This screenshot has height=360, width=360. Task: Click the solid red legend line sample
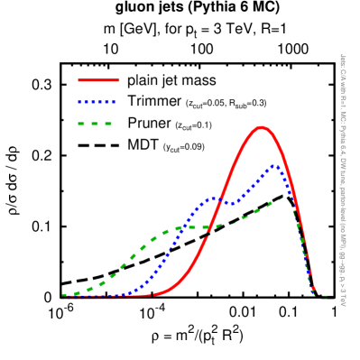[98, 80]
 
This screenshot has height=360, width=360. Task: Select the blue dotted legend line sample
[97, 102]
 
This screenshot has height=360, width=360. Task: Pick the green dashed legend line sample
[95, 124]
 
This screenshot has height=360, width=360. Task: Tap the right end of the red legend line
[118, 80]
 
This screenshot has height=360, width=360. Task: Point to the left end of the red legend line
[79, 80]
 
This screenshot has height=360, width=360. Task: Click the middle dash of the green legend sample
[95, 124]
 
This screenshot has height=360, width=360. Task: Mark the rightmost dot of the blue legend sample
[113, 102]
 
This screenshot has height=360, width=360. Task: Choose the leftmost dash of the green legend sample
[82, 124]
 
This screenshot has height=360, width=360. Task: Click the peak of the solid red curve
[262, 127]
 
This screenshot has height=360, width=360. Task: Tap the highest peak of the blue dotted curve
[273, 166]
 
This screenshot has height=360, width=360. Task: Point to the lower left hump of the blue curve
[215, 198]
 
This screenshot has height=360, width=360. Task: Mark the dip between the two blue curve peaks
[232, 203]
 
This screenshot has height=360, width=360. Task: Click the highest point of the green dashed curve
[287, 194]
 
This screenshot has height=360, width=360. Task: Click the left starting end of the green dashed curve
[63, 295]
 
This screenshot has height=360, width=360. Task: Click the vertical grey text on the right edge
[342, 180]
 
